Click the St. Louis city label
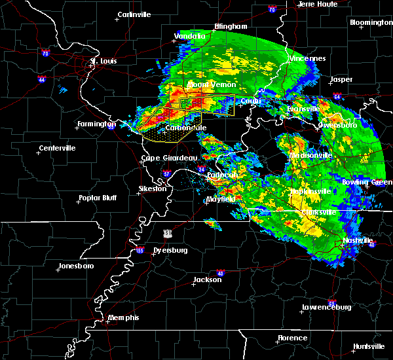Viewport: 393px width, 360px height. pos(103,62)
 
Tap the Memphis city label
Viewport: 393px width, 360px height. pos(124,317)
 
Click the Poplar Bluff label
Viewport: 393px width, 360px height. pos(98,198)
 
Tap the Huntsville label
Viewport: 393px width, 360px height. pos(369,346)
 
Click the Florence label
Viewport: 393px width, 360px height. pos(292,338)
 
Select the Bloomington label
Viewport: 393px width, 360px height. pos(371,22)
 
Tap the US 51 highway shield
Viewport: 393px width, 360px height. pos(168,233)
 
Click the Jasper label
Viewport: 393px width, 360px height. pos(341,79)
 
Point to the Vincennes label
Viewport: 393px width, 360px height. pos(307,58)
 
